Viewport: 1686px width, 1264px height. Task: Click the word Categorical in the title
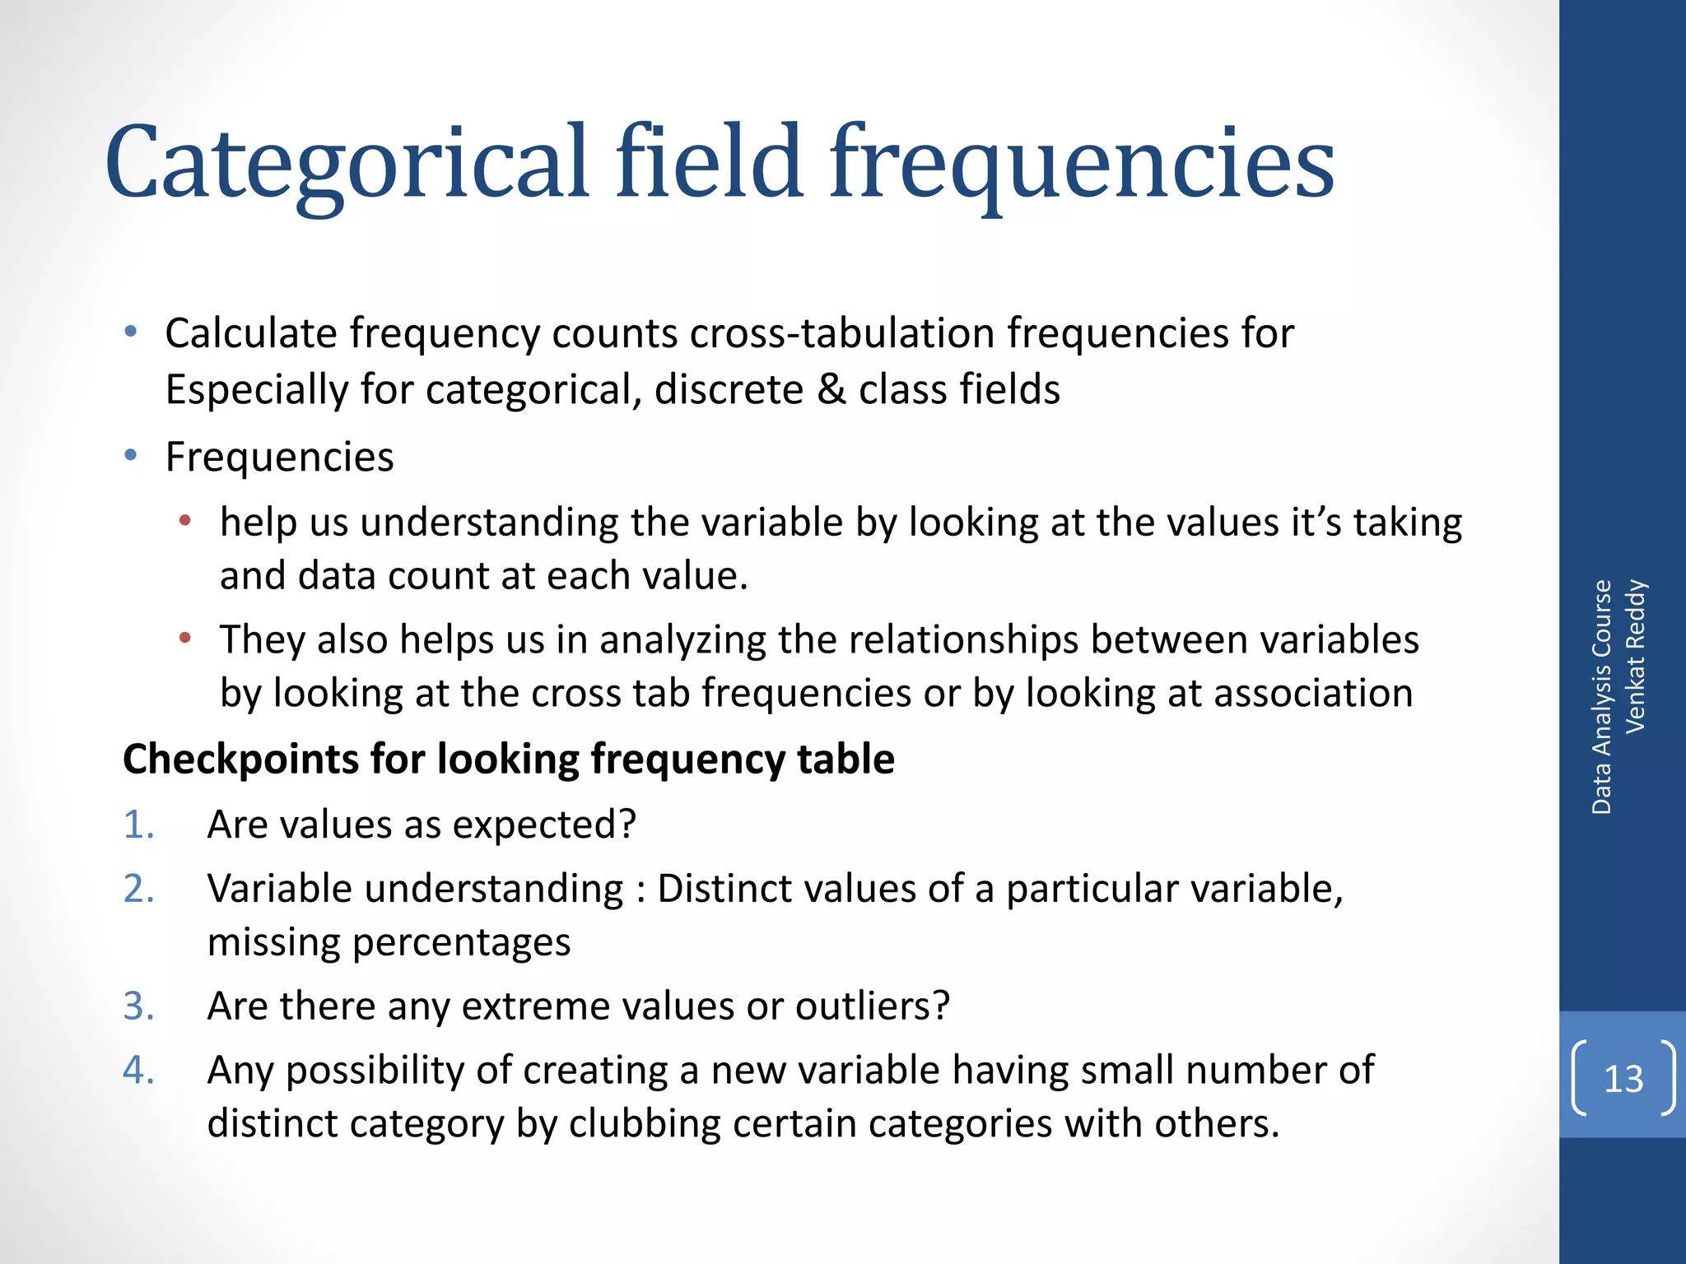click(347, 165)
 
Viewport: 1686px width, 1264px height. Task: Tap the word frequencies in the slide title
click(1081, 165)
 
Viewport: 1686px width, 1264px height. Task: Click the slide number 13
click(1623, 1079)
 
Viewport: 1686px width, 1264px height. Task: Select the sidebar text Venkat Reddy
click(1635, 656)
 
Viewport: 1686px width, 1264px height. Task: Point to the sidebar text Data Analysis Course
click(1601, 697)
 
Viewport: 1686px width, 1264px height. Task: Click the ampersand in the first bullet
click(831, 388)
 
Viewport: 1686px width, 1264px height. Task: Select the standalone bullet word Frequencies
click(279, 457)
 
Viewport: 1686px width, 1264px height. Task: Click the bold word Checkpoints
click(240, 759)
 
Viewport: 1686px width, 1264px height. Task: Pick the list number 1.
click(138, 825)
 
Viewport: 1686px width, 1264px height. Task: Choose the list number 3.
click(138, 1006)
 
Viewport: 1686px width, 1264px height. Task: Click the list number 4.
click(138, 1071)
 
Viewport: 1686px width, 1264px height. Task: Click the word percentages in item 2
click(461, 942)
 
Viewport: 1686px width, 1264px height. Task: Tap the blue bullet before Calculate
click(130, 332)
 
